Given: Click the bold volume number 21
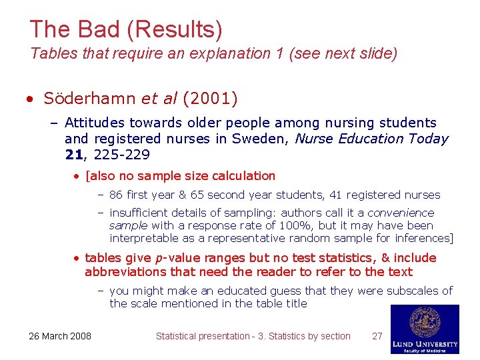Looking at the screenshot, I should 75,155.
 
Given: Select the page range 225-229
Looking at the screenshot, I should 122,155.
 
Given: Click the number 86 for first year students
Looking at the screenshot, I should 116,195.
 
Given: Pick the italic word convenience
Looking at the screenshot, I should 401,213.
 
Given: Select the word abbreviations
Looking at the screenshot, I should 124,271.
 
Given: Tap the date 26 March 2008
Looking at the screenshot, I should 60,336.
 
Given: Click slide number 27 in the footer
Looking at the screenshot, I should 377,336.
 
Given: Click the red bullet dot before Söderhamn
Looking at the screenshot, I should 30,99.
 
